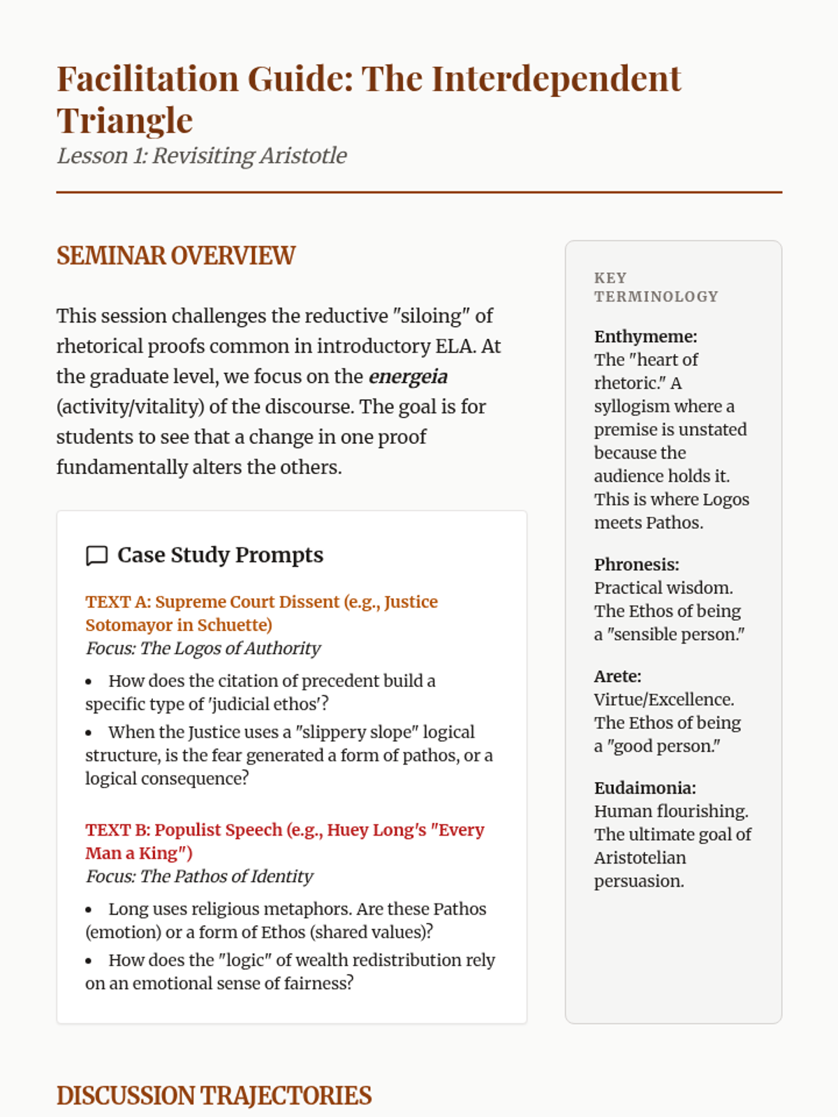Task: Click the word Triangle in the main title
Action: coord(124,121)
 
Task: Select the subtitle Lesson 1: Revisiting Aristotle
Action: coord(202,156)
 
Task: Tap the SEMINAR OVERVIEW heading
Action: coord(176,256)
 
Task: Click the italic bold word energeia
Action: coord(408,377)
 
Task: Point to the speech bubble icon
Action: coord(96,556)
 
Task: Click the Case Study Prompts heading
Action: coord(220,555)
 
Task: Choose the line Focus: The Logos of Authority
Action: coord(203,649)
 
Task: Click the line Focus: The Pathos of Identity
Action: coord(199,876)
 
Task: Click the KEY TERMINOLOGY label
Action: coord(656,287)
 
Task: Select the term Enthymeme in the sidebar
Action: coord(645,336)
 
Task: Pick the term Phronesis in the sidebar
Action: coord(635,565)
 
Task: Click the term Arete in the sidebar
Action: coord(617,676)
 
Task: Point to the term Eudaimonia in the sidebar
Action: coord(644,788)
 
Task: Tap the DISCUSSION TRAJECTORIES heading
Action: coord(214,1096)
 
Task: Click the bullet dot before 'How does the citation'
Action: coord(89,682)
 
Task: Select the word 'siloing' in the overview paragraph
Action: coord(431,316)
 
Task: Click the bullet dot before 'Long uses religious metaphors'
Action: coord(89,910)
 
